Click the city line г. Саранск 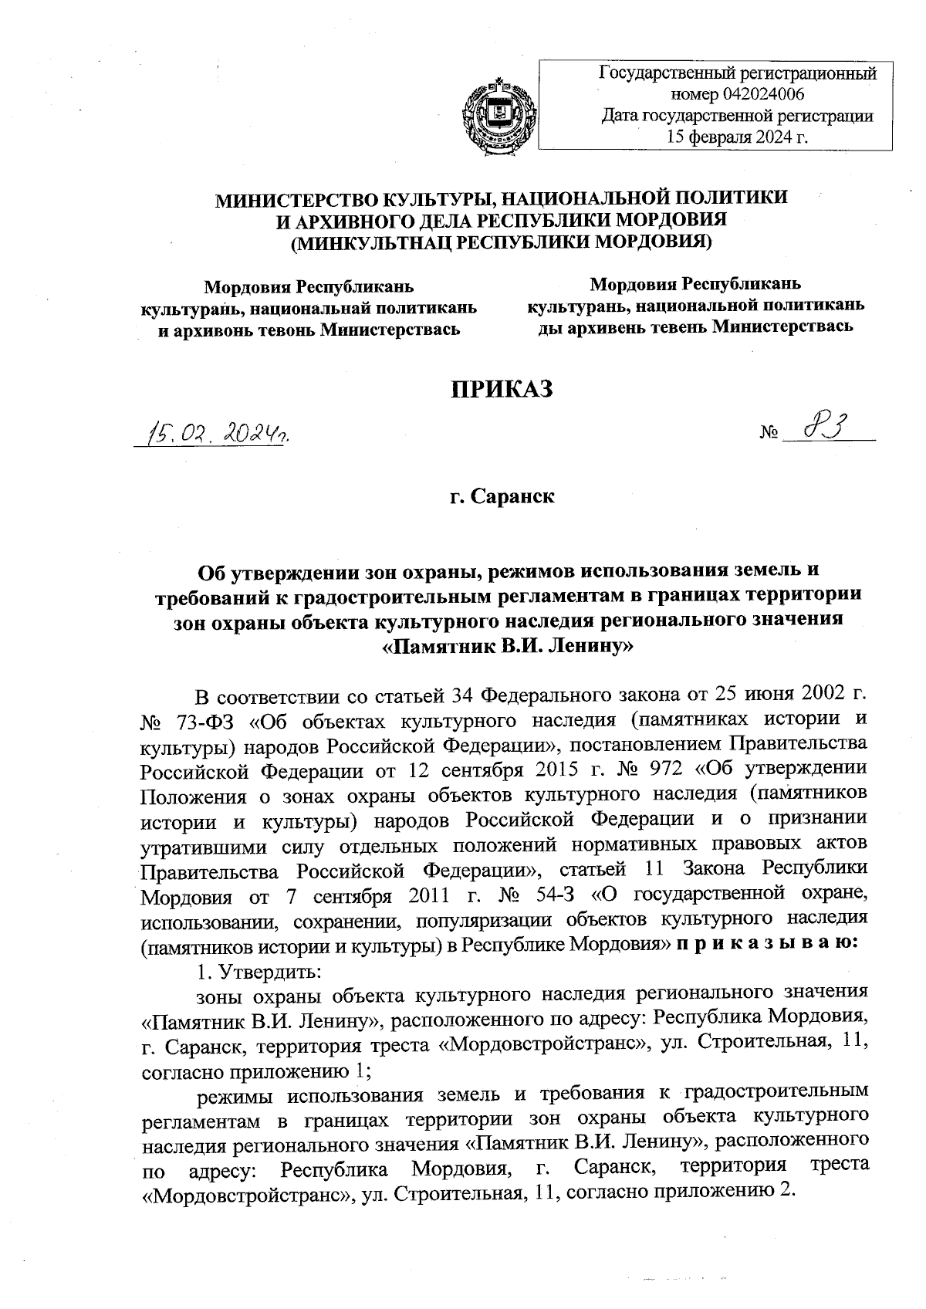click(x=502, y=495)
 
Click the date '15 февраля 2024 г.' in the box click(x=736, y=138)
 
